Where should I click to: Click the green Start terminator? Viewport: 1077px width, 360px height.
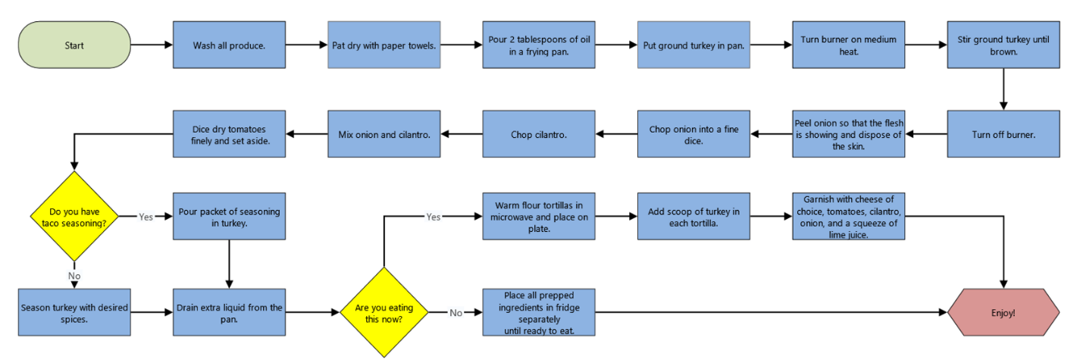point(74,45)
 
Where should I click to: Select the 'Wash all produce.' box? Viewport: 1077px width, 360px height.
point(229,45)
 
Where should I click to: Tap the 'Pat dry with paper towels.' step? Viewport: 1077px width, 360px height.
point(384,45)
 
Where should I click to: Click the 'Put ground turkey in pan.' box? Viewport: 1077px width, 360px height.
point(693,45)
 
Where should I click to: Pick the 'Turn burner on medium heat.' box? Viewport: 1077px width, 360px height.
point(848,45)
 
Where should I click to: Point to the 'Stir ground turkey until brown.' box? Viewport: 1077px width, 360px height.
point(1003,45)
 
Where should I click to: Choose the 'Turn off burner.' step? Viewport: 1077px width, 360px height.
point(1003,134)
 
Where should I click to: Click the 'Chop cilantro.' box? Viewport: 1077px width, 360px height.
point(538,134)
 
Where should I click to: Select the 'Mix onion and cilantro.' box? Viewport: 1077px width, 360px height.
point(384,134)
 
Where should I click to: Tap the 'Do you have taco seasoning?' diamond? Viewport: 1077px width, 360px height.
point(74,216)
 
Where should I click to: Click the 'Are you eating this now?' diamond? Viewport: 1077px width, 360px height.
point(384,311)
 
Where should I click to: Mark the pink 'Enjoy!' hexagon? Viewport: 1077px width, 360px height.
point(1003,311)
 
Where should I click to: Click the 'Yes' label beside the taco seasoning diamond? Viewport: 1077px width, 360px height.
point(146,216)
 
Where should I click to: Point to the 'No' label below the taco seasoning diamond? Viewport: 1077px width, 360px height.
point(74,276)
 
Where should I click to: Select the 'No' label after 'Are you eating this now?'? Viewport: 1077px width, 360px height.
point(456,311)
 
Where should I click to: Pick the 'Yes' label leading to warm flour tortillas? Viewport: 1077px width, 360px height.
point(433,216)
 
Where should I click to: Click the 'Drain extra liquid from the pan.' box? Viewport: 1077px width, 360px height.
point(229,311)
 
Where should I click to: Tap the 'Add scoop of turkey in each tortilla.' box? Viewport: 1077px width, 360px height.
point(693,216)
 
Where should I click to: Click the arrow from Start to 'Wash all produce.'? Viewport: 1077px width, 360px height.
point(151,45)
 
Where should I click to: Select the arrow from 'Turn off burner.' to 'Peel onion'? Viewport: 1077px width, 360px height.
point(925,134)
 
